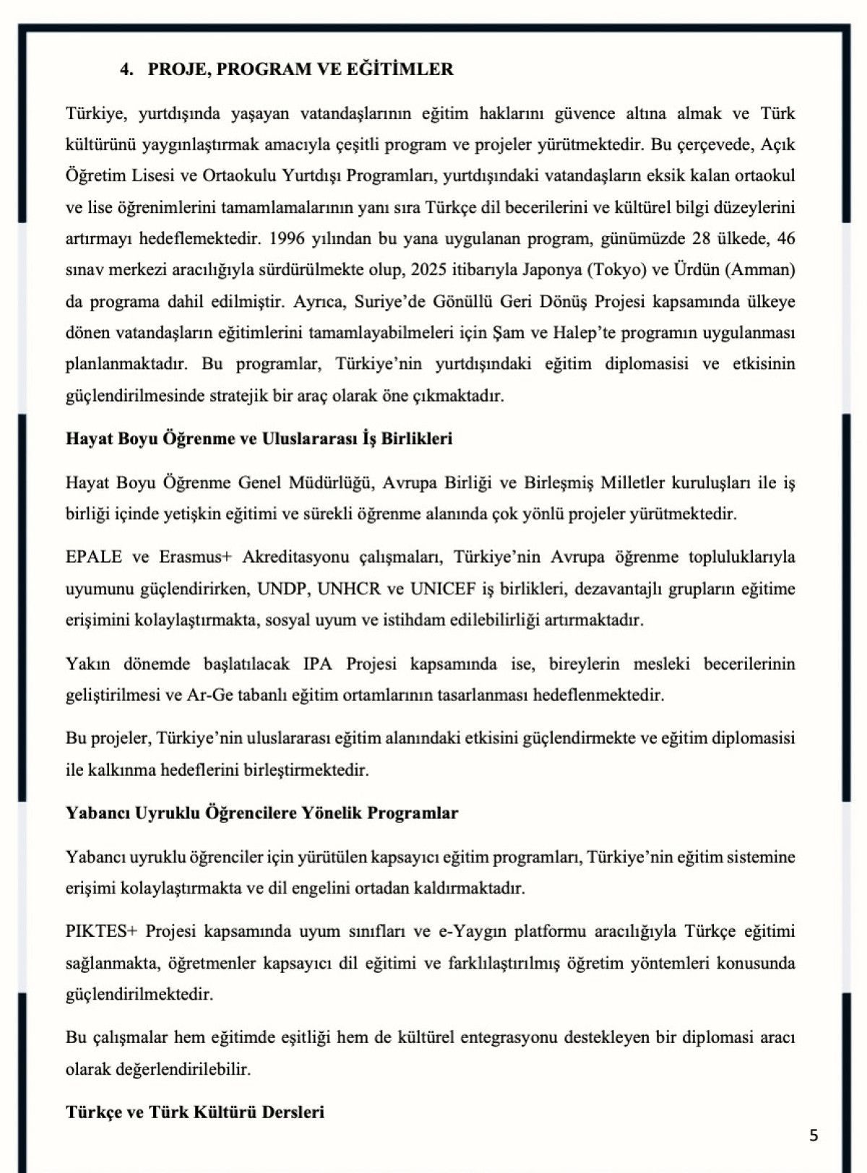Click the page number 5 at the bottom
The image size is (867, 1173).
[x=814, y=1135]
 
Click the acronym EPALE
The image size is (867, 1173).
[x=93, y=557]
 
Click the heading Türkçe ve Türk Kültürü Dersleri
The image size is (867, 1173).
[x=195, y=1112]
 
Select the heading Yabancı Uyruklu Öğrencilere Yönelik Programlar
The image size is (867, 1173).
[x=262, y=813]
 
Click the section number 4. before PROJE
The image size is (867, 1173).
[x=127, y=69]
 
